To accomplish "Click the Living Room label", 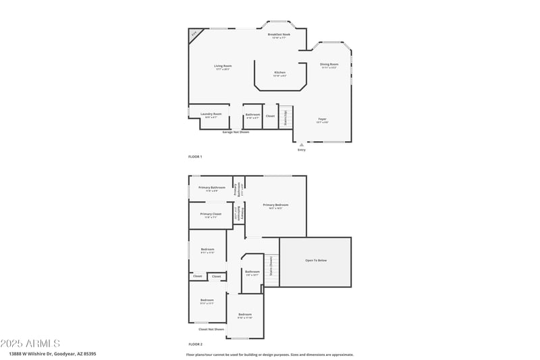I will coord(223,66).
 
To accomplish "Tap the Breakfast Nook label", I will coord(279,35).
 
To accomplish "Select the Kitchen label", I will coord(279,73).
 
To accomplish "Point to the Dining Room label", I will coord(329,65).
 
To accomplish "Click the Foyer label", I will coord(323,120).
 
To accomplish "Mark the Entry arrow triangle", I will coord(302,144).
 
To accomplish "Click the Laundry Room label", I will coord(211,114).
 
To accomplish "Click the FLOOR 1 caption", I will coord(195,157).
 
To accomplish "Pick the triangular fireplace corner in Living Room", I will coord(194,34).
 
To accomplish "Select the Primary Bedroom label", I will coord(275,205).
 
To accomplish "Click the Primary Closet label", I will coord(211,215).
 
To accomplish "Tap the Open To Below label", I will coord(316,260).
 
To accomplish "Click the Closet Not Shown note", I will coord(211,330).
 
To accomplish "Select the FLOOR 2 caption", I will coord(195,344).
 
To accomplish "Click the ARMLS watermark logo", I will coord(30,344).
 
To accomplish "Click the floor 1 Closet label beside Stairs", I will coord(270,115).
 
